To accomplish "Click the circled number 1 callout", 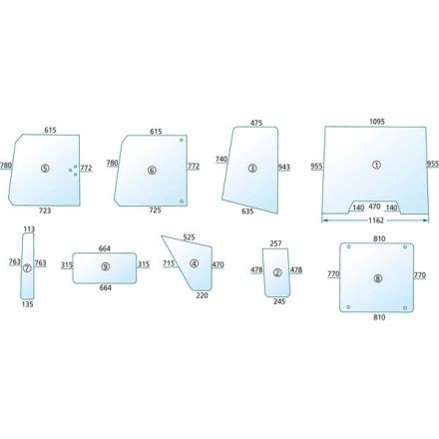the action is click(376, 165).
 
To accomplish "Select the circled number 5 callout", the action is click(45, 169).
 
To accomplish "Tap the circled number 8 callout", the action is click(378, 278).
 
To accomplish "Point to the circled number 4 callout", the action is click(194, 263).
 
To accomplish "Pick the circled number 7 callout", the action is click(27, 267).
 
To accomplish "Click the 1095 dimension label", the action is click(377, 122).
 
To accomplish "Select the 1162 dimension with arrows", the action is click(375, 220).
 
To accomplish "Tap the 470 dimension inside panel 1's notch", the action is click(374, 207).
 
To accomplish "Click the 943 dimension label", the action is click(284, 167).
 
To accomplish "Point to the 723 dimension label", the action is click(45, 211).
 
